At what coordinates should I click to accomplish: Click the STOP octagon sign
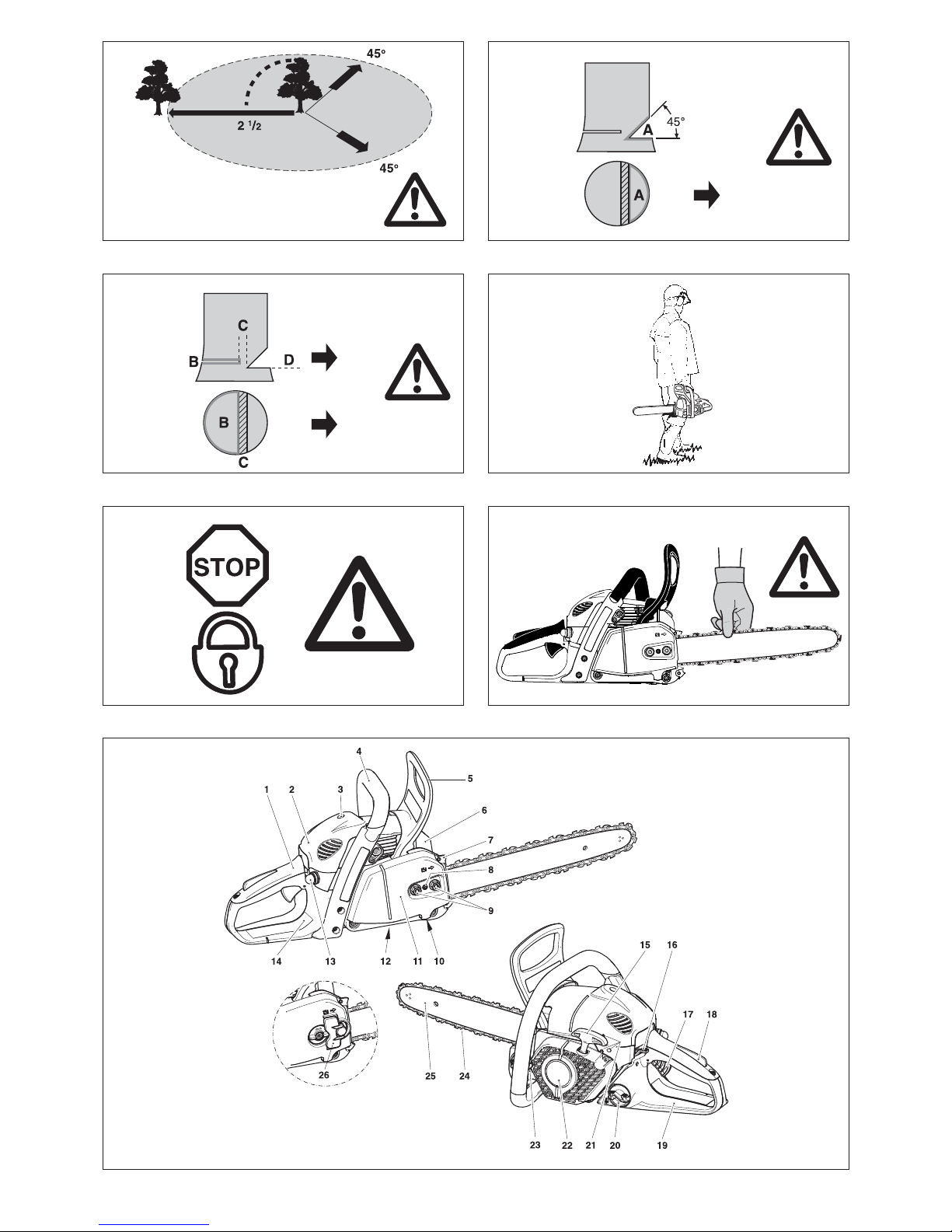[227, 565]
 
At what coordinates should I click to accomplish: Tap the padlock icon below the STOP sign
[227, 652]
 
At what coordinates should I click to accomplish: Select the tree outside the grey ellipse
[157, 88]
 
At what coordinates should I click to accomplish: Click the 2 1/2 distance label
[249, 125]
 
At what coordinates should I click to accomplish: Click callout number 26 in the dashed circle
[323, 1075]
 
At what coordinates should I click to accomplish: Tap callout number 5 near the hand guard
[469, 778]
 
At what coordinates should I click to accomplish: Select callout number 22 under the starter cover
[567, 1145]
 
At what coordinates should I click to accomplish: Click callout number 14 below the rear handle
[276, 961]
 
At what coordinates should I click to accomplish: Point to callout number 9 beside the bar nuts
[490, 910]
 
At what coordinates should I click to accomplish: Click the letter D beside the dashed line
[288, 360]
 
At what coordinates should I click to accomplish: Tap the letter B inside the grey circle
[224, 422]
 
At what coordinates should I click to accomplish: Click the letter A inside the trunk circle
[639, 195]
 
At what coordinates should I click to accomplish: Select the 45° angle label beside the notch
[675, 121]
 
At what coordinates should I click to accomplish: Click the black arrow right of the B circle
[324, 424]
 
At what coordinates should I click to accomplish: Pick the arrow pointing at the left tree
[231, 113]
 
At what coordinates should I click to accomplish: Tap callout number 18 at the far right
[711, 1014]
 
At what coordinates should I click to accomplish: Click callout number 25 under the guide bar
[430, 1076]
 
